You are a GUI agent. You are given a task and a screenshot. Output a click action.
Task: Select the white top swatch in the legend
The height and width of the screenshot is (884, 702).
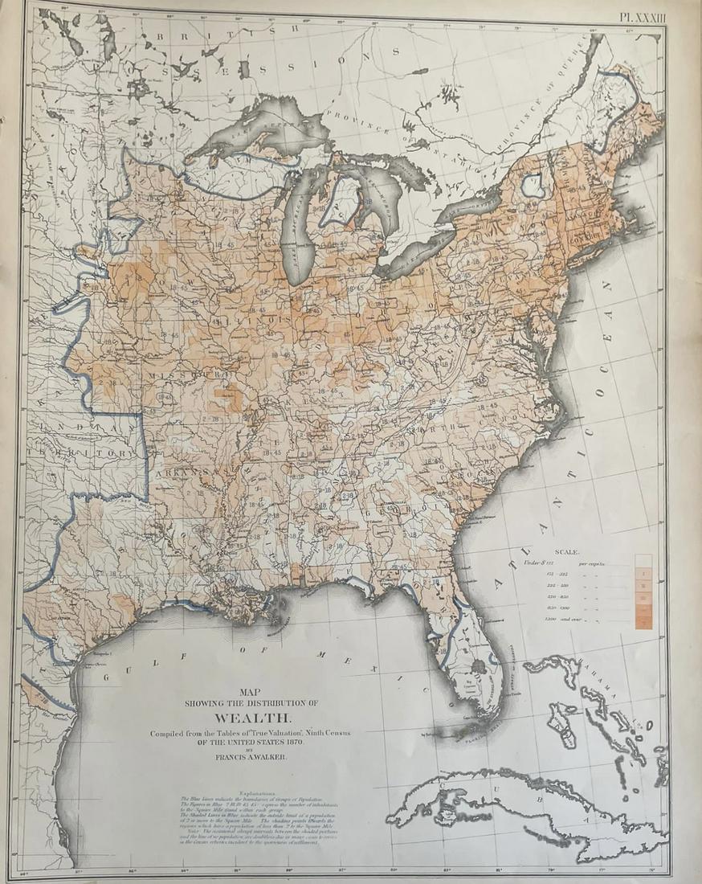click(x=643, y=561)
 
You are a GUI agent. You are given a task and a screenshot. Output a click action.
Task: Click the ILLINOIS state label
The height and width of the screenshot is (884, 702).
click(x=277, y=318)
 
